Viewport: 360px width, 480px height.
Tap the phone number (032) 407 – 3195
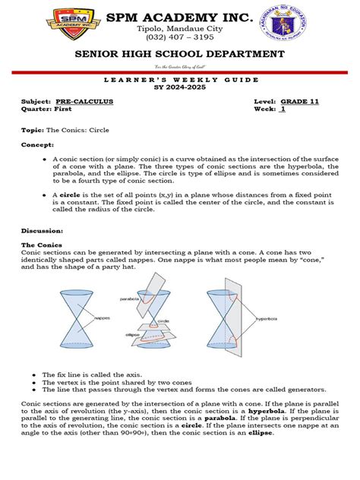pyautogui.click(x=180, y=38)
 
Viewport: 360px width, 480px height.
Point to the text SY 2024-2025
pyautogui.click(x=180, y=89)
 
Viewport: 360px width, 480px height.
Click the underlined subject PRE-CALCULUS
pyautogui.click(x=80, y=101)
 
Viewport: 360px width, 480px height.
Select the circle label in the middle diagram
pyautogui.click(x=163, y=321)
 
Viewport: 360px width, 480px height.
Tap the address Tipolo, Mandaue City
pyautogui.click(x=180, y=28)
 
